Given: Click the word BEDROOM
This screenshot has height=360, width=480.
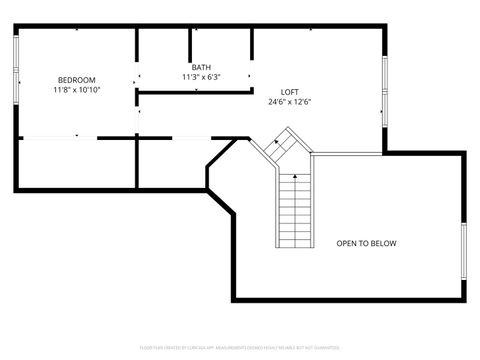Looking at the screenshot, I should click(x=76, y=80).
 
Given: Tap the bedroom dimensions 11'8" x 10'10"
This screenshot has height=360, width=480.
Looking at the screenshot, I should click(x=76, y=90).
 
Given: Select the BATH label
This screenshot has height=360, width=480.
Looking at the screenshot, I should click(x=201, y=68).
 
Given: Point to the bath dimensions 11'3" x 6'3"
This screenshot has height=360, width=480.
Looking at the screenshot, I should click(x=201, y=77).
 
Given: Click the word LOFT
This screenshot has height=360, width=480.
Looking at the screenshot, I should click(x=289, y=92).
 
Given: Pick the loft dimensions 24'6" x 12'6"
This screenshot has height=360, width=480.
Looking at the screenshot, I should click(x=289, y=102).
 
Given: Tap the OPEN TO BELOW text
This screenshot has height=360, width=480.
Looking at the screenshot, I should click(x=366, y=243).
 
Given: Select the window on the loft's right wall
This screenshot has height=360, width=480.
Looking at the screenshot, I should click(x=385, y=91).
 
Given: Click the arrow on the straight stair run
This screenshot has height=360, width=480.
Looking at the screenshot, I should click(x=295, y=178).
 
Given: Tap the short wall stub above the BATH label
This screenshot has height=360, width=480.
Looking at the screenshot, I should click(x=190, y=43).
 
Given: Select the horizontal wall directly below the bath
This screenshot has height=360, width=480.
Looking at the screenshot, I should click(x=194, y=92).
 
